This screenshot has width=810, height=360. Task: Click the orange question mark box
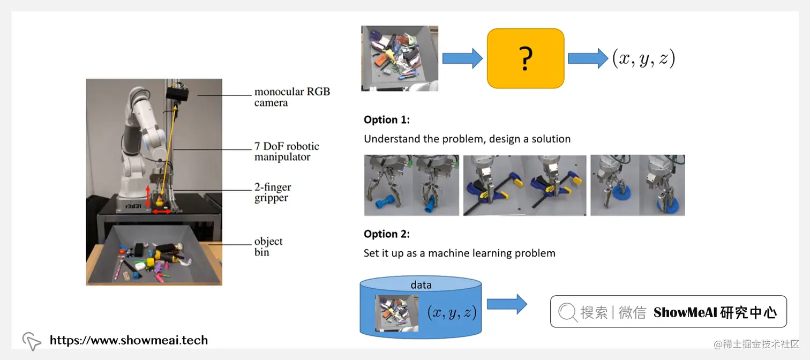point(525,58)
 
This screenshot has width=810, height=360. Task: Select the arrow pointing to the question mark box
point(462,58)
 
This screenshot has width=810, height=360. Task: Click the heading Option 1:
point(386,120)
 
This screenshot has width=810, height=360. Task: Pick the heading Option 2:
point(386,234)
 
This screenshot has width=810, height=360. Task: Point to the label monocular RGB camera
point(291,97)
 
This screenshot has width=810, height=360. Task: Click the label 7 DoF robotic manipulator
point(287,152)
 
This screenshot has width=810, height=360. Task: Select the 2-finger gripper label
point(273,193)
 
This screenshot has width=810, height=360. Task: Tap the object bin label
point(268,247)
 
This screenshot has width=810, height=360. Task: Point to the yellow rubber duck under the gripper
point(159,202)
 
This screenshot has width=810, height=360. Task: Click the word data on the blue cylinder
point(421,285)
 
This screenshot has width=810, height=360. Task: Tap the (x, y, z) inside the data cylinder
point(452,312)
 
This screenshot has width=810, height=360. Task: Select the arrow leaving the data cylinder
point(506,304)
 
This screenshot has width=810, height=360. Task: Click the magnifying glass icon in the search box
point(567,312)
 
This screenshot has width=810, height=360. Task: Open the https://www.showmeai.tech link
point(129,340)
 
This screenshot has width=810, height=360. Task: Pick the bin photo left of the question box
point(400,58)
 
